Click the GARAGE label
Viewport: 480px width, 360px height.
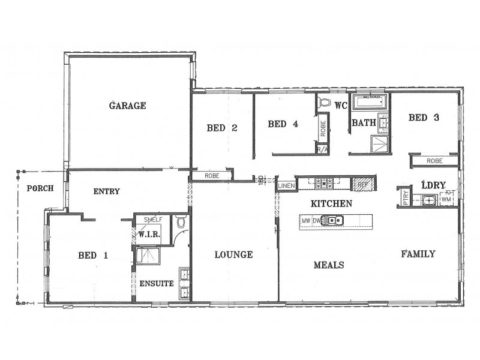point(127,106)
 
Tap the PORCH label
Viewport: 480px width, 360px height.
point(40,188)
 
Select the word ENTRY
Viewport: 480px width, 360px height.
point(106,191)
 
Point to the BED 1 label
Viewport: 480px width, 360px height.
point(93,255)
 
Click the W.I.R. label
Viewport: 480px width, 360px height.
point(149,234)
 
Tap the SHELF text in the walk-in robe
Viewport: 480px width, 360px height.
point(152,220)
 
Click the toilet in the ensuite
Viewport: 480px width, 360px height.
point(181,223)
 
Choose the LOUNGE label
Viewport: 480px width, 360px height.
point(233,254)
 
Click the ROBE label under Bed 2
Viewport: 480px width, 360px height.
point(212,176)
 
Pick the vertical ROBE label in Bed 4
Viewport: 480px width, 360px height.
point(323,127)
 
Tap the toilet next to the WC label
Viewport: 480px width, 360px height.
point(325,103)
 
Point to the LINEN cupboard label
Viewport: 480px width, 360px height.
point(286,186)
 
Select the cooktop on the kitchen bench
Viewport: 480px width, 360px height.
point(325,184)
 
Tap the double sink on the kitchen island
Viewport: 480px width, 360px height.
point(332,221)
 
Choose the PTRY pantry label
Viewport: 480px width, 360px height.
point(405,197)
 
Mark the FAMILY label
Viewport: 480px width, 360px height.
point(418,254)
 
